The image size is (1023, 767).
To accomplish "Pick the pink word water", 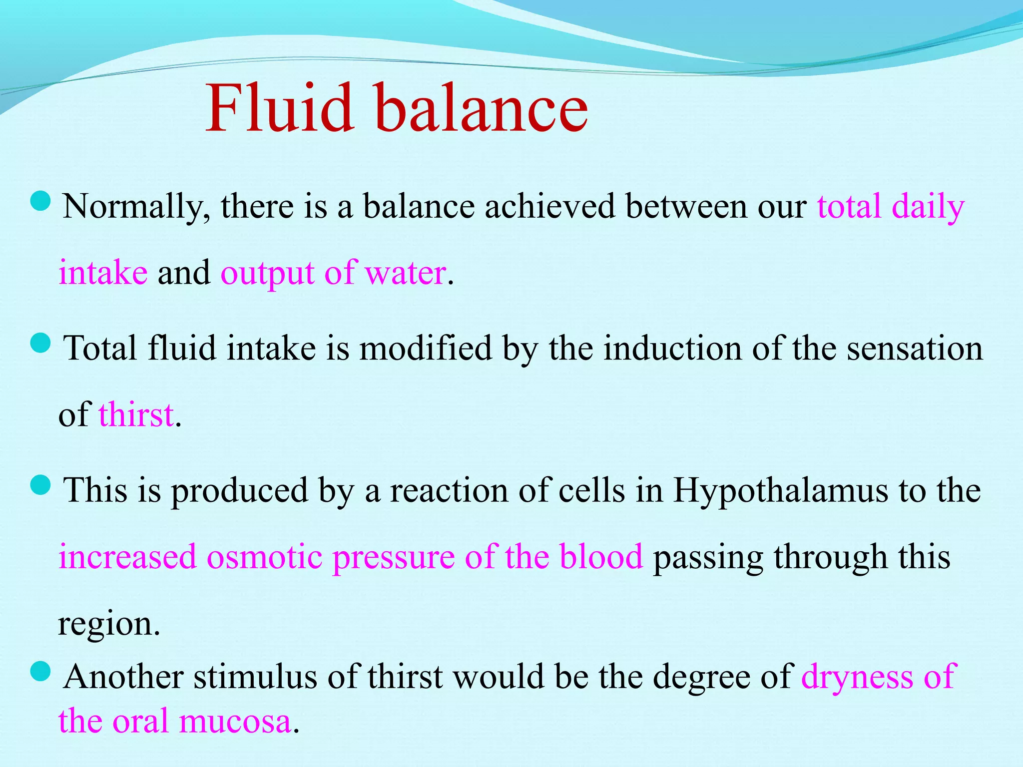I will (x=406, y=273).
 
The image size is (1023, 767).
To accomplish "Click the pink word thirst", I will (x=136, y=414).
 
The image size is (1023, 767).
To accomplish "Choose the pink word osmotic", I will (x=264, y=556).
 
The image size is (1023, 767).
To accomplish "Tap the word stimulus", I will (x=255, y=677).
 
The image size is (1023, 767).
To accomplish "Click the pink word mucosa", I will (x=235, y=721).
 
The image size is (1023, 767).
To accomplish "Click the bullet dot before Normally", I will (x=40, y=201).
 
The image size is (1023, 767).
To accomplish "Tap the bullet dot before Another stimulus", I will (x=40, y=671).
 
